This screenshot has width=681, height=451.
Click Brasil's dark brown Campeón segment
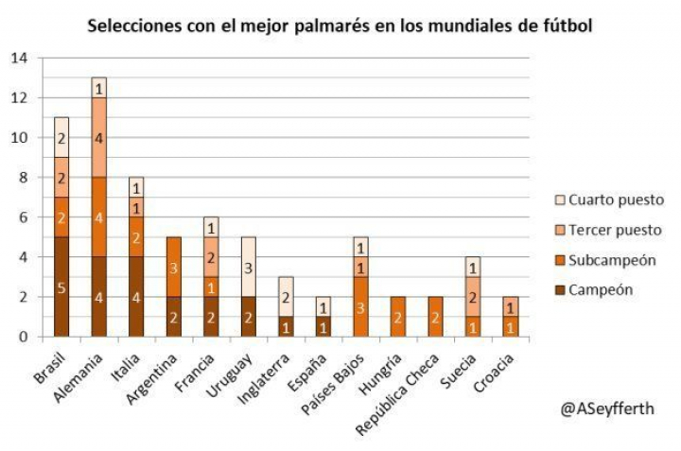[62, 286]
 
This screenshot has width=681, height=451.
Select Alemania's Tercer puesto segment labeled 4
[99, 137]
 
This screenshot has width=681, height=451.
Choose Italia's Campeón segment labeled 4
[135, 297]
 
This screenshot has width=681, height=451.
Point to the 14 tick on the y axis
[19, 58]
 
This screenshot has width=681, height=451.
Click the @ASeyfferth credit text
[607, 408]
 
